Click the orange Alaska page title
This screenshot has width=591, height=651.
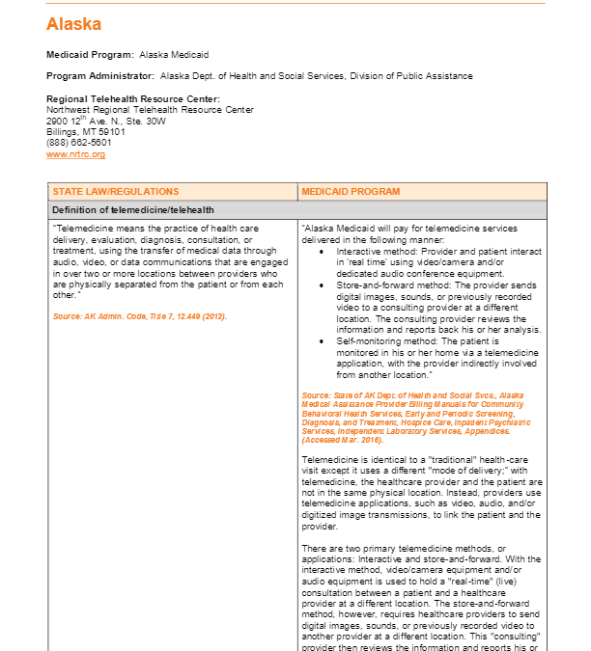(73, 24)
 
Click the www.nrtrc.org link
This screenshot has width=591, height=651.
(75, 154)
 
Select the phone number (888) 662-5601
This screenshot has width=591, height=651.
(79, 143)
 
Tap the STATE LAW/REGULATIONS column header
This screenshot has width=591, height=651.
(115, 191)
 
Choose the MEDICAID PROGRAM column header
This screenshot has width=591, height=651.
(349, 191)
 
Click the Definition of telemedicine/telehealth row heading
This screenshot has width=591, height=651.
(132, 209)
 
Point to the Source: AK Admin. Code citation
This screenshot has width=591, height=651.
(139, 316)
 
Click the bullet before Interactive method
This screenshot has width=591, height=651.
(322, 251)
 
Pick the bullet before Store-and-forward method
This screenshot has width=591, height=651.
(322, 286)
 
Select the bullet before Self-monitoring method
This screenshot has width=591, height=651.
(322, 340)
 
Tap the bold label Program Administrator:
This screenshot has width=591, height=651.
(99, 76)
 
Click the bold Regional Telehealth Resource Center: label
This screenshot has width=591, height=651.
(132, 98)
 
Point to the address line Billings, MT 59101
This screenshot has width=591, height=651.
(86, 132)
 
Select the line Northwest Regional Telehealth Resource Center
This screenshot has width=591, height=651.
(150, 110)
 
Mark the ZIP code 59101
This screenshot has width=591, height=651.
(112, 132)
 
